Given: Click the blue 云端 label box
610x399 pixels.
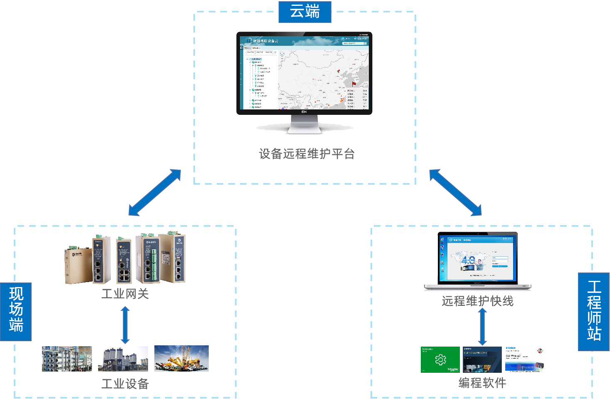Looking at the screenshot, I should [x=305, y=12].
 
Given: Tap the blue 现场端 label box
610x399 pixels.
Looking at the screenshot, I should [x=16, y=312].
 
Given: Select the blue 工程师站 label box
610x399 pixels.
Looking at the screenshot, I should [x=594, y=312].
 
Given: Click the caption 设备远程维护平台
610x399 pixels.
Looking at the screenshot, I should [x=306, y=154].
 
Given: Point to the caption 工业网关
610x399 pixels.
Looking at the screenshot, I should [x=125, y=294].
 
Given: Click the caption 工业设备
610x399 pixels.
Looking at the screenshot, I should [x=125, y=384].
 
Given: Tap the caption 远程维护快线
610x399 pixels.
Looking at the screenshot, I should [x=477, y=301].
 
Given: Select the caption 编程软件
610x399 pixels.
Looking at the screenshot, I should [x=482, y=383].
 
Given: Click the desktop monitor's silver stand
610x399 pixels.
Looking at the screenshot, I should [x=305, y=124].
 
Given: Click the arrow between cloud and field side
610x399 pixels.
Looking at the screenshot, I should [x=155, y=193].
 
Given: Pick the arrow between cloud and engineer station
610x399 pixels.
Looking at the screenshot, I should [x=455, y=193].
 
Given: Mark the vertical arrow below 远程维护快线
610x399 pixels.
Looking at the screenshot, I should [x=482, y=327].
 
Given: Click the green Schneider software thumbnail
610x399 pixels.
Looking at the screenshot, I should [x=440, y=359].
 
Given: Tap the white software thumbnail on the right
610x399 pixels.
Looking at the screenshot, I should [x=525, y=359].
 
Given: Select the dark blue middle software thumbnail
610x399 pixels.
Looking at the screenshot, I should [x=482, y=359].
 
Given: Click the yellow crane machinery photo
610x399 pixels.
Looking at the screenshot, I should [x=181, y=358].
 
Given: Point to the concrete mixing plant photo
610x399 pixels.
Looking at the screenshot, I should [x=123, y=359].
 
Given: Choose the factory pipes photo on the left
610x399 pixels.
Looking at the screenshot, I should [x=67, y=359].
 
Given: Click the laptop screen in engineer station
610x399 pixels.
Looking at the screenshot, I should [x=477, y=258].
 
